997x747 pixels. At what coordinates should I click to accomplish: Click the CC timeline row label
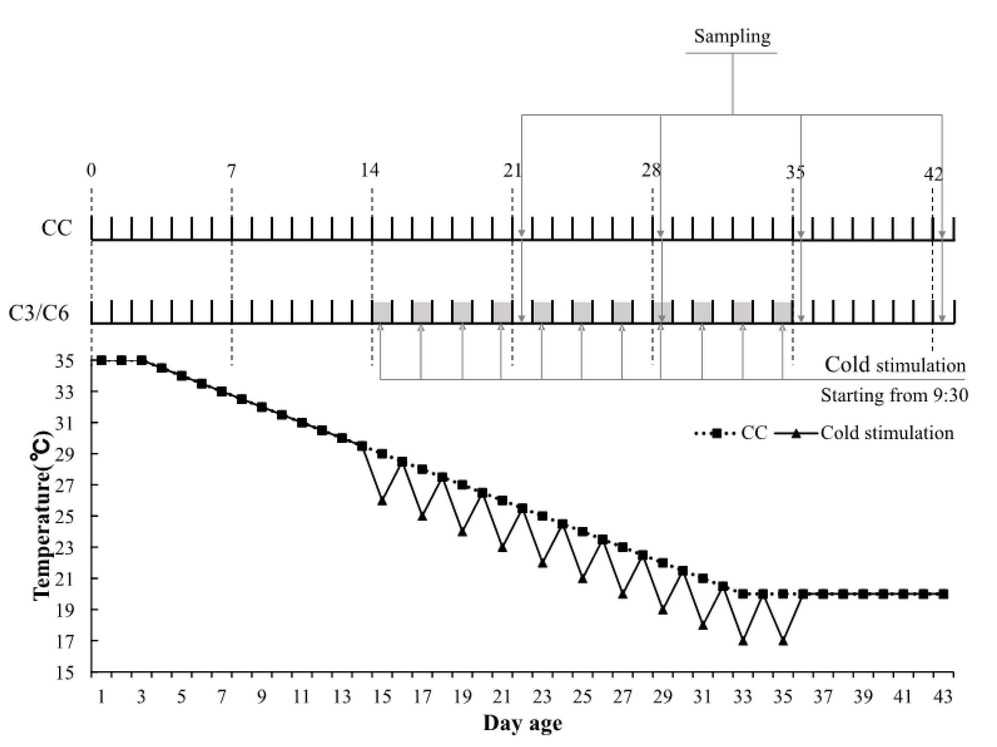click(57, 228)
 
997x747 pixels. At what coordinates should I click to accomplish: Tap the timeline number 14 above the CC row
click(370, 171)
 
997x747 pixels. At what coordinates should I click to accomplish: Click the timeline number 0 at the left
click(92, 171)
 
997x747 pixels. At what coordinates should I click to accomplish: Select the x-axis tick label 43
click(943, 697)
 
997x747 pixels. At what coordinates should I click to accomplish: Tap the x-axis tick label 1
click(101, 697)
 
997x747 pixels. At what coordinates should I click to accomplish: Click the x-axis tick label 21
click(503, 697)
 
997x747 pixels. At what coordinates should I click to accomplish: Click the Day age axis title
click(523, 723)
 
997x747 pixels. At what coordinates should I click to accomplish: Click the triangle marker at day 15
click(382, 501)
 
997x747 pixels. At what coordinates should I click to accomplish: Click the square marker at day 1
click(101, 361)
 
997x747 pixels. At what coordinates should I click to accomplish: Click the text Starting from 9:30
click(894, 396)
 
